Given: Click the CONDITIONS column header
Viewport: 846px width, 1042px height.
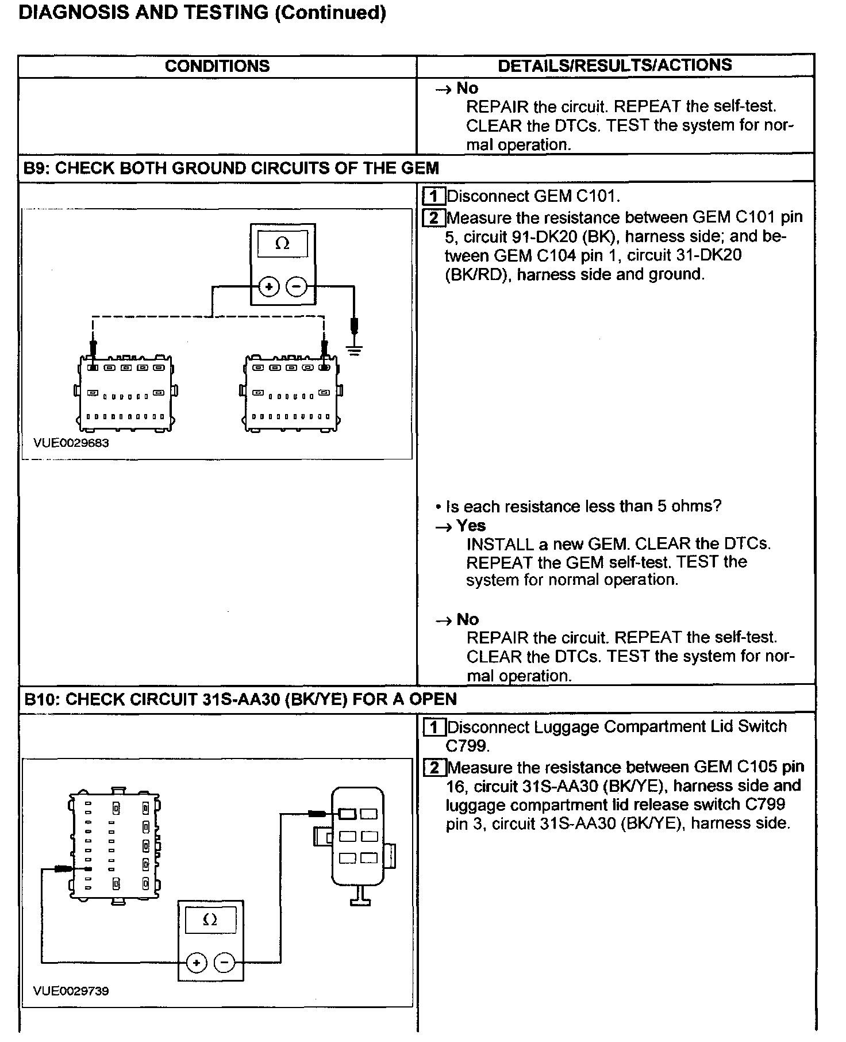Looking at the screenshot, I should click(x=217, y=66).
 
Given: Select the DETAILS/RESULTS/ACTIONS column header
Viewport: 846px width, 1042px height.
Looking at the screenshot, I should click(x=614, y=66).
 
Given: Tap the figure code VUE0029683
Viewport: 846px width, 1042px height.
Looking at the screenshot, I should click(x=71, y=443).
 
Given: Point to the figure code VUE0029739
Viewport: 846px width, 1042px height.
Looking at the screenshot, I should click(x=71, y=991).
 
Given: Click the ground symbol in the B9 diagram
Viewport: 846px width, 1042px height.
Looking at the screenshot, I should click(x=355, y=349).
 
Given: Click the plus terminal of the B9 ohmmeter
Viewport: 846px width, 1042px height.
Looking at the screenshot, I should click(x=269, y=286).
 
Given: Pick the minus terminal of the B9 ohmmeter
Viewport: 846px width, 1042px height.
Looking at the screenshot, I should click(x=297, y=286).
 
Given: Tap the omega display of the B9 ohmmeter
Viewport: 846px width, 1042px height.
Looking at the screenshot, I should click(x=282, y=244).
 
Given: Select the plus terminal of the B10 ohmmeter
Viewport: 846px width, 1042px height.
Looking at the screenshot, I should click(x=197, y=962).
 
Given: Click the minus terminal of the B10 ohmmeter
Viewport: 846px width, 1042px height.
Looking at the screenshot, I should click(x=225, y=962).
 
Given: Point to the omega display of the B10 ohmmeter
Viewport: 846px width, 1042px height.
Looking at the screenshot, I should click(x=210, y=920).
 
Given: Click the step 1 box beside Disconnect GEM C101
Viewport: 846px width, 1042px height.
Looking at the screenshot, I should click(x=434, y=197).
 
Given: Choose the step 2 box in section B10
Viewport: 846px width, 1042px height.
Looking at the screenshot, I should click(x=434, y=768).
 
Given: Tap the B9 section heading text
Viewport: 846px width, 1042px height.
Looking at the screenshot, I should click(x=231, y=168).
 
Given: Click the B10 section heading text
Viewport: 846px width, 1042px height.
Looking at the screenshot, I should click(x=241, y=699).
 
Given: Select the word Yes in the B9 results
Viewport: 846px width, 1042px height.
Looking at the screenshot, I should click(x=471, y=526).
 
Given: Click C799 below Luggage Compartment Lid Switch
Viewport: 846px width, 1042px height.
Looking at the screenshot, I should click(x=467, y=746).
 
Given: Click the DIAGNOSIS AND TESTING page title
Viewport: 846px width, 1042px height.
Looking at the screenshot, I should click(x=202, y=13).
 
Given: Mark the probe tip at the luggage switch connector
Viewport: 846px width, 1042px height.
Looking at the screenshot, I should click(x=317, y=813).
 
